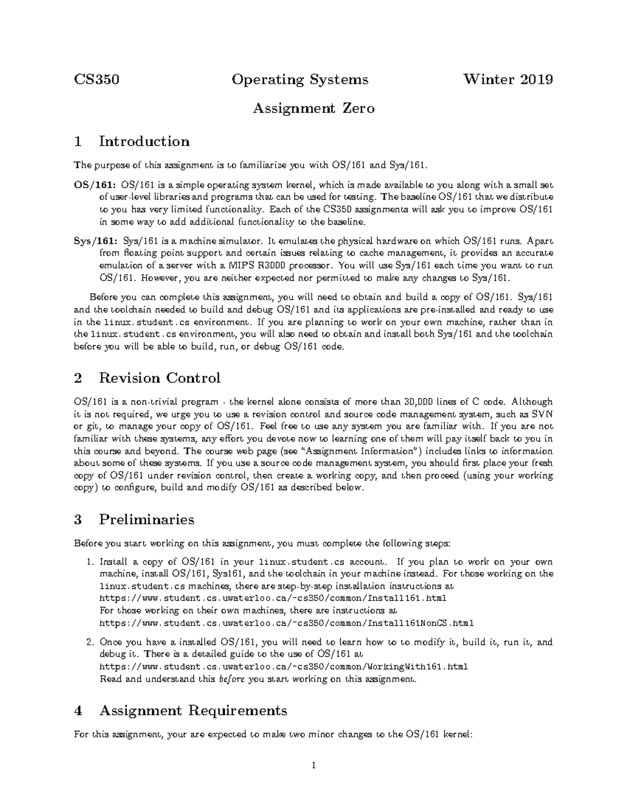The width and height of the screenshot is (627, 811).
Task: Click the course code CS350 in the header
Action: pyautogui.click(x=97, y=79)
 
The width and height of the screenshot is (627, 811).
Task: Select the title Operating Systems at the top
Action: pyautogui.click(x=300, y=79)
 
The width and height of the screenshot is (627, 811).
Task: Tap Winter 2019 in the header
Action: pyautogui.click(x=508, y=79)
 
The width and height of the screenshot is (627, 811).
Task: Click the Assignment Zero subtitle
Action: pyautogui.click(x=313, y=109)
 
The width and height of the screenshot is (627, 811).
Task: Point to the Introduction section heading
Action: pyautogui.click(x=144, y=142)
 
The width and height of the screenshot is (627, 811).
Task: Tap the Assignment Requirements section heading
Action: pyautogui.click(x=193, y=710)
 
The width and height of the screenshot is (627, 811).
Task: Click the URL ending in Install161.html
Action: pyautogui.click(x=273, y=598)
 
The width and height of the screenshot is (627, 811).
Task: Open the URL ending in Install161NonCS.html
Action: pyautogui.click(x=286, y=623)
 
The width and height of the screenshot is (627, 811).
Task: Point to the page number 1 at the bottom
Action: pyautogui.click(x=313, y=766)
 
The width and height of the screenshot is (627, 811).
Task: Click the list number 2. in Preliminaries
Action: pyautogui.click(x=90, y=642)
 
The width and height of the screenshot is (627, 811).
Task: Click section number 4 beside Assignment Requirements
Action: pyautogui.click(x=78, y=711)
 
